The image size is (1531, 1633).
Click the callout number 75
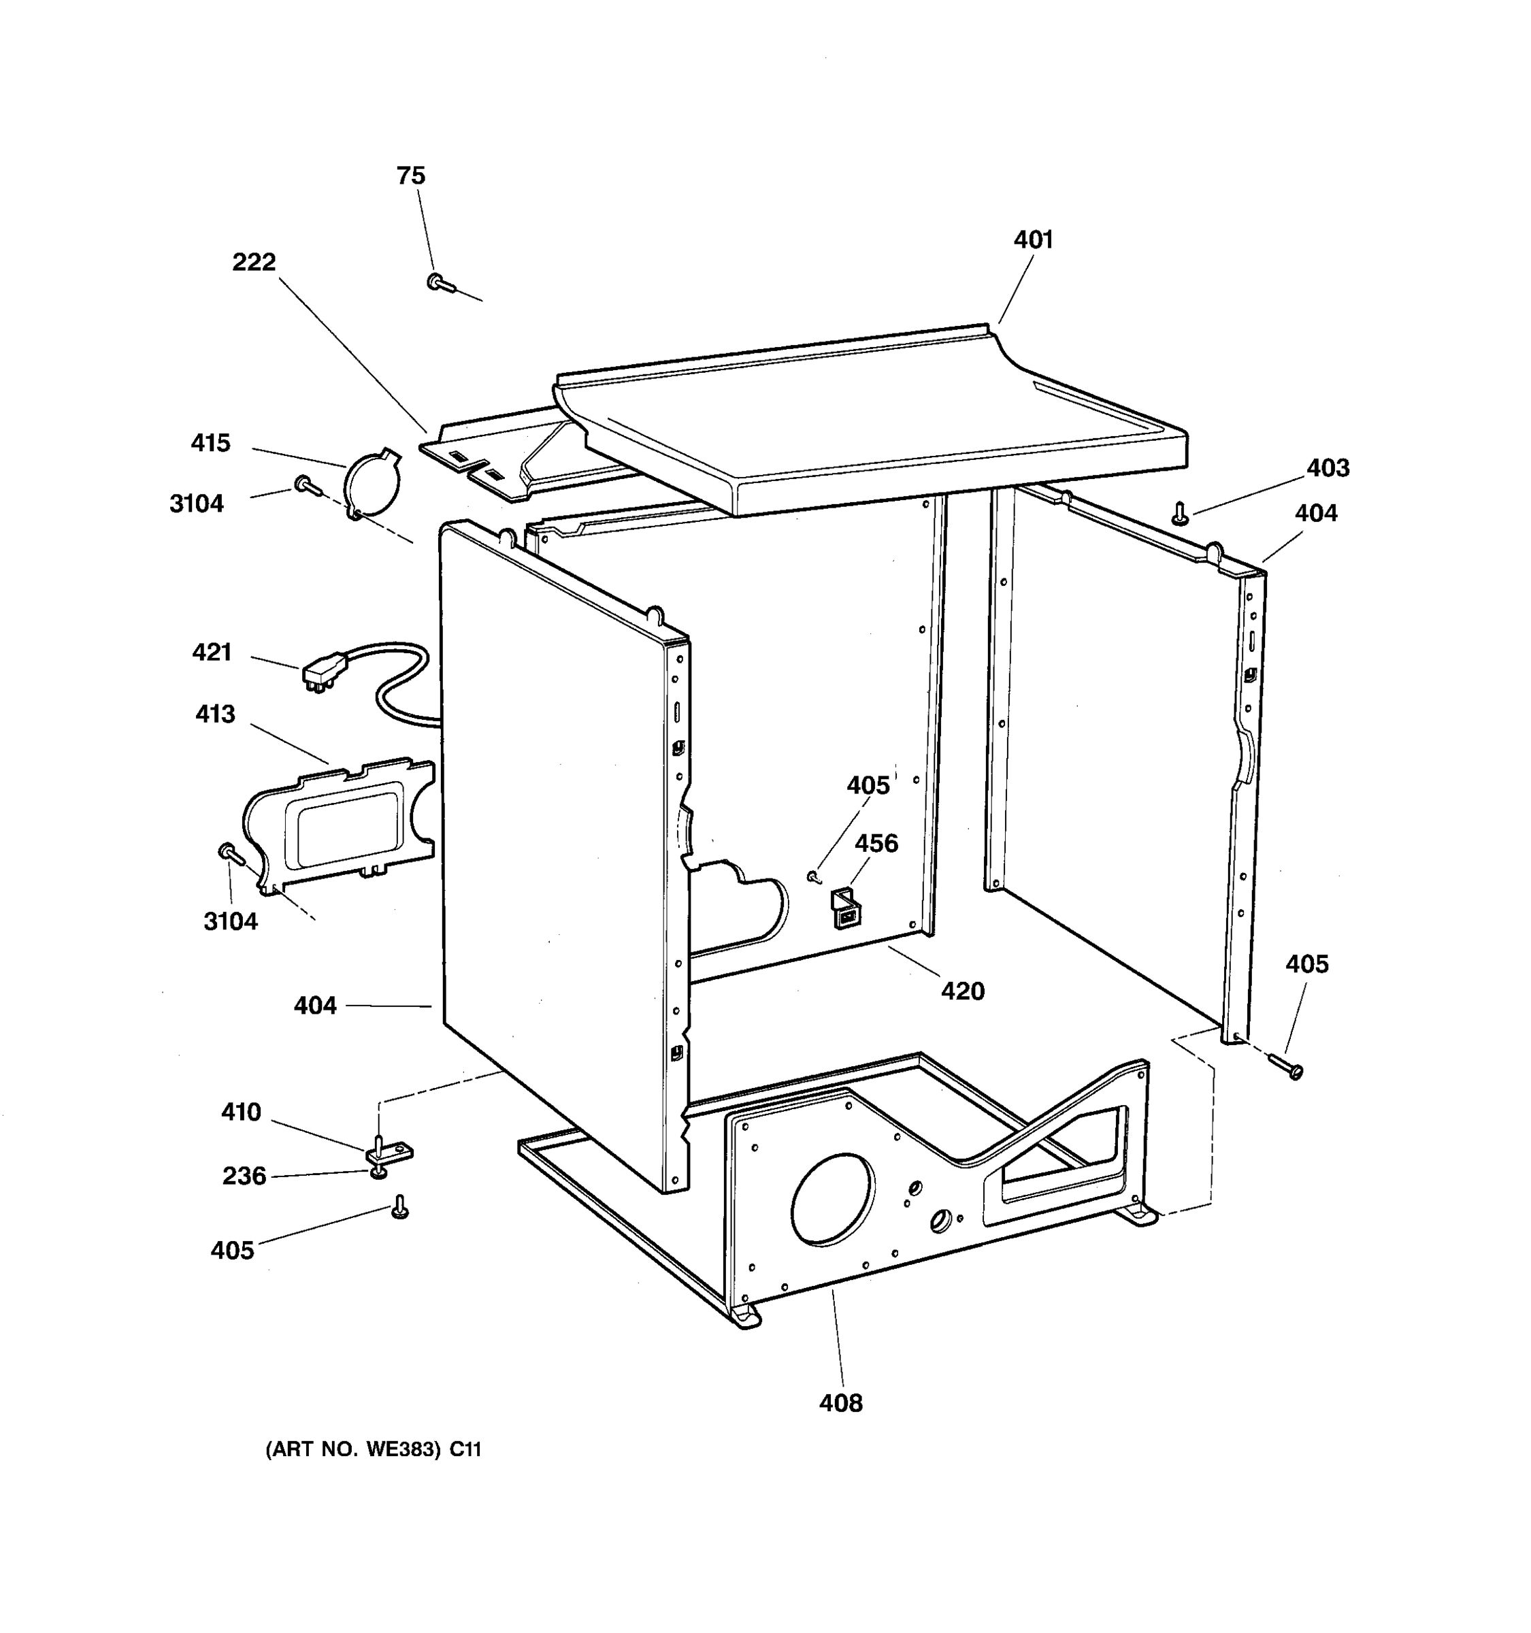[411, 176]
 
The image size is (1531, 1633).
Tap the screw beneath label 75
[440, 283]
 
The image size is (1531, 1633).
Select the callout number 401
[1032, 240]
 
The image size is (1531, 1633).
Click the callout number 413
[215, 714]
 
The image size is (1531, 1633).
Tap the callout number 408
[840, 1403]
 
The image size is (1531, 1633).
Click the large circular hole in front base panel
[832, 1198]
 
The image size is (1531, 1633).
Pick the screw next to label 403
[1181, 514]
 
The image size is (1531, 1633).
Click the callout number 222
[254, 262]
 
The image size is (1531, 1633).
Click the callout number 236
[244, 1176]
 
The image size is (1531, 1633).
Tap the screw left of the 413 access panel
[230, 855]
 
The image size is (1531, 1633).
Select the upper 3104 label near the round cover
[196, 504]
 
